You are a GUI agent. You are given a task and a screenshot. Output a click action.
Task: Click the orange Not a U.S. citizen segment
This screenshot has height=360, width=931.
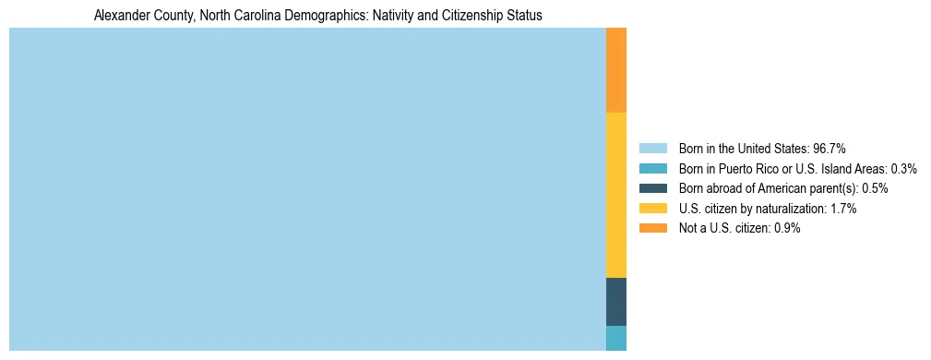click(616, 70)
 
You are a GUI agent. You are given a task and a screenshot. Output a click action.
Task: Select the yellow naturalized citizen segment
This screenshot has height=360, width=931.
click(616, 195)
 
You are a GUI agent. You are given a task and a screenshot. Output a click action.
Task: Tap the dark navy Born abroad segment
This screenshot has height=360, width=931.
click(616, 301)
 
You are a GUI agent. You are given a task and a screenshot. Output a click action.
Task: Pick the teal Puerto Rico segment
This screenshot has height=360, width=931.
click(616, 338)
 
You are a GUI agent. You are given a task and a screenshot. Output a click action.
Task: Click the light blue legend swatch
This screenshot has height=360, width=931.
click(652, 149)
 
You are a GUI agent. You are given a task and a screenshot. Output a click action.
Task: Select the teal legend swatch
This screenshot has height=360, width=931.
click(652, 169)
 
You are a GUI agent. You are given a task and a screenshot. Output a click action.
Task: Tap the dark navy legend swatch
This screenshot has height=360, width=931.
click(652, 188)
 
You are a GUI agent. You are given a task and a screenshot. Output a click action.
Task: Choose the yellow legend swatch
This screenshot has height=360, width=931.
click(652, 209)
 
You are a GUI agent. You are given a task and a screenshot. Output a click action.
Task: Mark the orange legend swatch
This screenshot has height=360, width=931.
click(652, 229)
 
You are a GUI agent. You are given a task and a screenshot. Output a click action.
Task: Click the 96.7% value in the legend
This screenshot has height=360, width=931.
click(830, 149)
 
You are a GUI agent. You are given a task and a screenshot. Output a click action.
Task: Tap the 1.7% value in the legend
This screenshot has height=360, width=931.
click(844, 209)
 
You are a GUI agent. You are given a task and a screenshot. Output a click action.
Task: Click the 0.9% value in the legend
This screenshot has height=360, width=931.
click(788, 229)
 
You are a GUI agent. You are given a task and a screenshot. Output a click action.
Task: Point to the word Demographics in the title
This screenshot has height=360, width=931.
click(317, 16)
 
